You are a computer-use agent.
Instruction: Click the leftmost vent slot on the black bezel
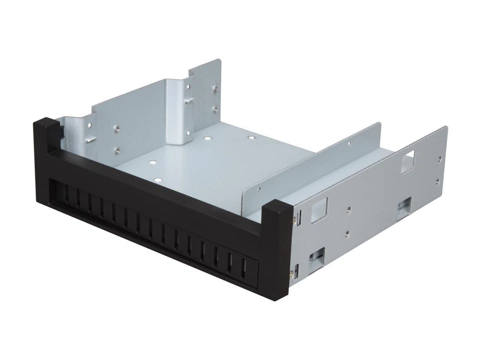(x=65, y=193)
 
